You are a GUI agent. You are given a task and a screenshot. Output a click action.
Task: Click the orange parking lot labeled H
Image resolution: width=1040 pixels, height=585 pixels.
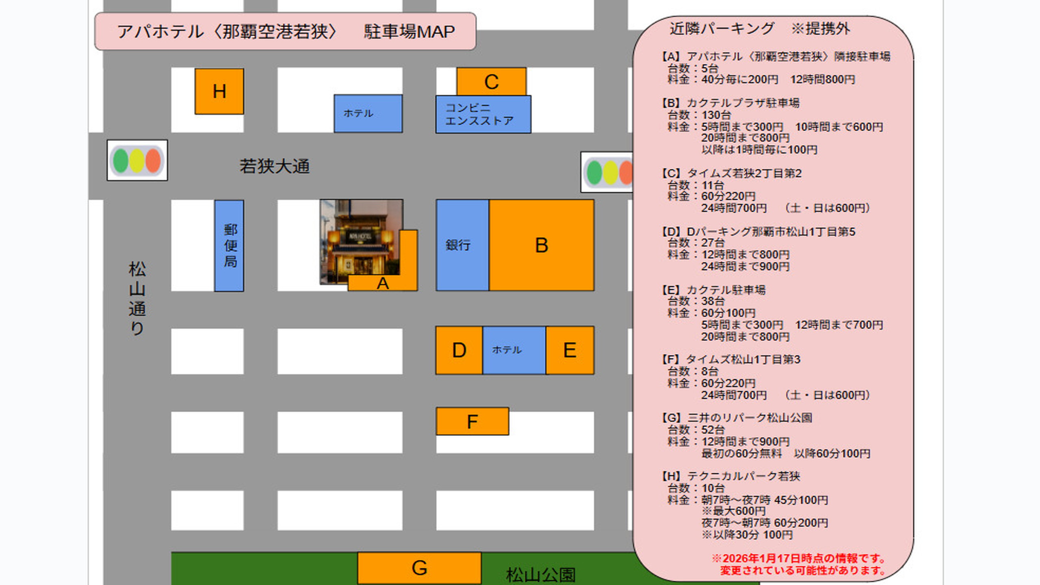(x=219, y=91)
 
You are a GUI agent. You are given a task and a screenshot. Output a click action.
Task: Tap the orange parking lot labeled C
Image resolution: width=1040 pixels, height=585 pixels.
(x=491, y=82)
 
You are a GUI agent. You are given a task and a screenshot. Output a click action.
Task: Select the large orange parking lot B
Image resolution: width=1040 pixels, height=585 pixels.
(x=542, y=245)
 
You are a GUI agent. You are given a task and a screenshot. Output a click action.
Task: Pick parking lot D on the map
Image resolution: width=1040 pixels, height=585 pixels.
(x=459, y=350)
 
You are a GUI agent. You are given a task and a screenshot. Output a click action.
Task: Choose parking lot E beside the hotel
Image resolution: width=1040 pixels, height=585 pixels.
(x=570, y=350)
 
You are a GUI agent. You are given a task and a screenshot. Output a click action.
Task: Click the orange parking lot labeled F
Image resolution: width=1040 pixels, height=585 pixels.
(x=472, y=422)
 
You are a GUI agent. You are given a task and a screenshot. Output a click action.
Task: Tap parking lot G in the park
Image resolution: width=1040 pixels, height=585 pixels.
(x=419, y=568)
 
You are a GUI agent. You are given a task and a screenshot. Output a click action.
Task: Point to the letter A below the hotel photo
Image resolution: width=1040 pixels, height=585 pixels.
(x=383, y=284)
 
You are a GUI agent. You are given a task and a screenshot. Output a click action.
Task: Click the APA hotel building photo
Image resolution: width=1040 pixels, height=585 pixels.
(x=360, y=240)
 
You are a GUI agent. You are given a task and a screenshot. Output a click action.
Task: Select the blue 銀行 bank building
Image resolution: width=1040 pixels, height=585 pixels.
(x=462, y=245)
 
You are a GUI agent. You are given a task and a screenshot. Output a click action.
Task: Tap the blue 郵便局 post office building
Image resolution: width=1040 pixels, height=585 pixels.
(x=230, y=246)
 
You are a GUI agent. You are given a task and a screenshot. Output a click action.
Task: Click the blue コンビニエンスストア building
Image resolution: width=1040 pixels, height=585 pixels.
(x=483, y=115)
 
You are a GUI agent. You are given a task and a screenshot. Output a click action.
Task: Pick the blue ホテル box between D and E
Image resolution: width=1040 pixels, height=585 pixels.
(x=514, y=350)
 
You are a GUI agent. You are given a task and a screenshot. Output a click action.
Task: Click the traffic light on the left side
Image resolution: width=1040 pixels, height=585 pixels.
(x=137, y=160)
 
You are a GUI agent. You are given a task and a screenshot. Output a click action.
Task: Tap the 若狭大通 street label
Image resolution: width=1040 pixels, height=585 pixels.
(x=275, y=167)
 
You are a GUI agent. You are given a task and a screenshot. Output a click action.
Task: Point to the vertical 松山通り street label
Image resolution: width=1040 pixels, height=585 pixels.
(x=137, y=299)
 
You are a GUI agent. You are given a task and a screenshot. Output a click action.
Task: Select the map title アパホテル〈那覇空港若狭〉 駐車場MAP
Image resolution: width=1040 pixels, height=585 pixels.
(x=285, y=32)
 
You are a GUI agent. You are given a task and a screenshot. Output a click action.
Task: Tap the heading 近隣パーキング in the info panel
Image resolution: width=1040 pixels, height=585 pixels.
(x=722, y=29)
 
